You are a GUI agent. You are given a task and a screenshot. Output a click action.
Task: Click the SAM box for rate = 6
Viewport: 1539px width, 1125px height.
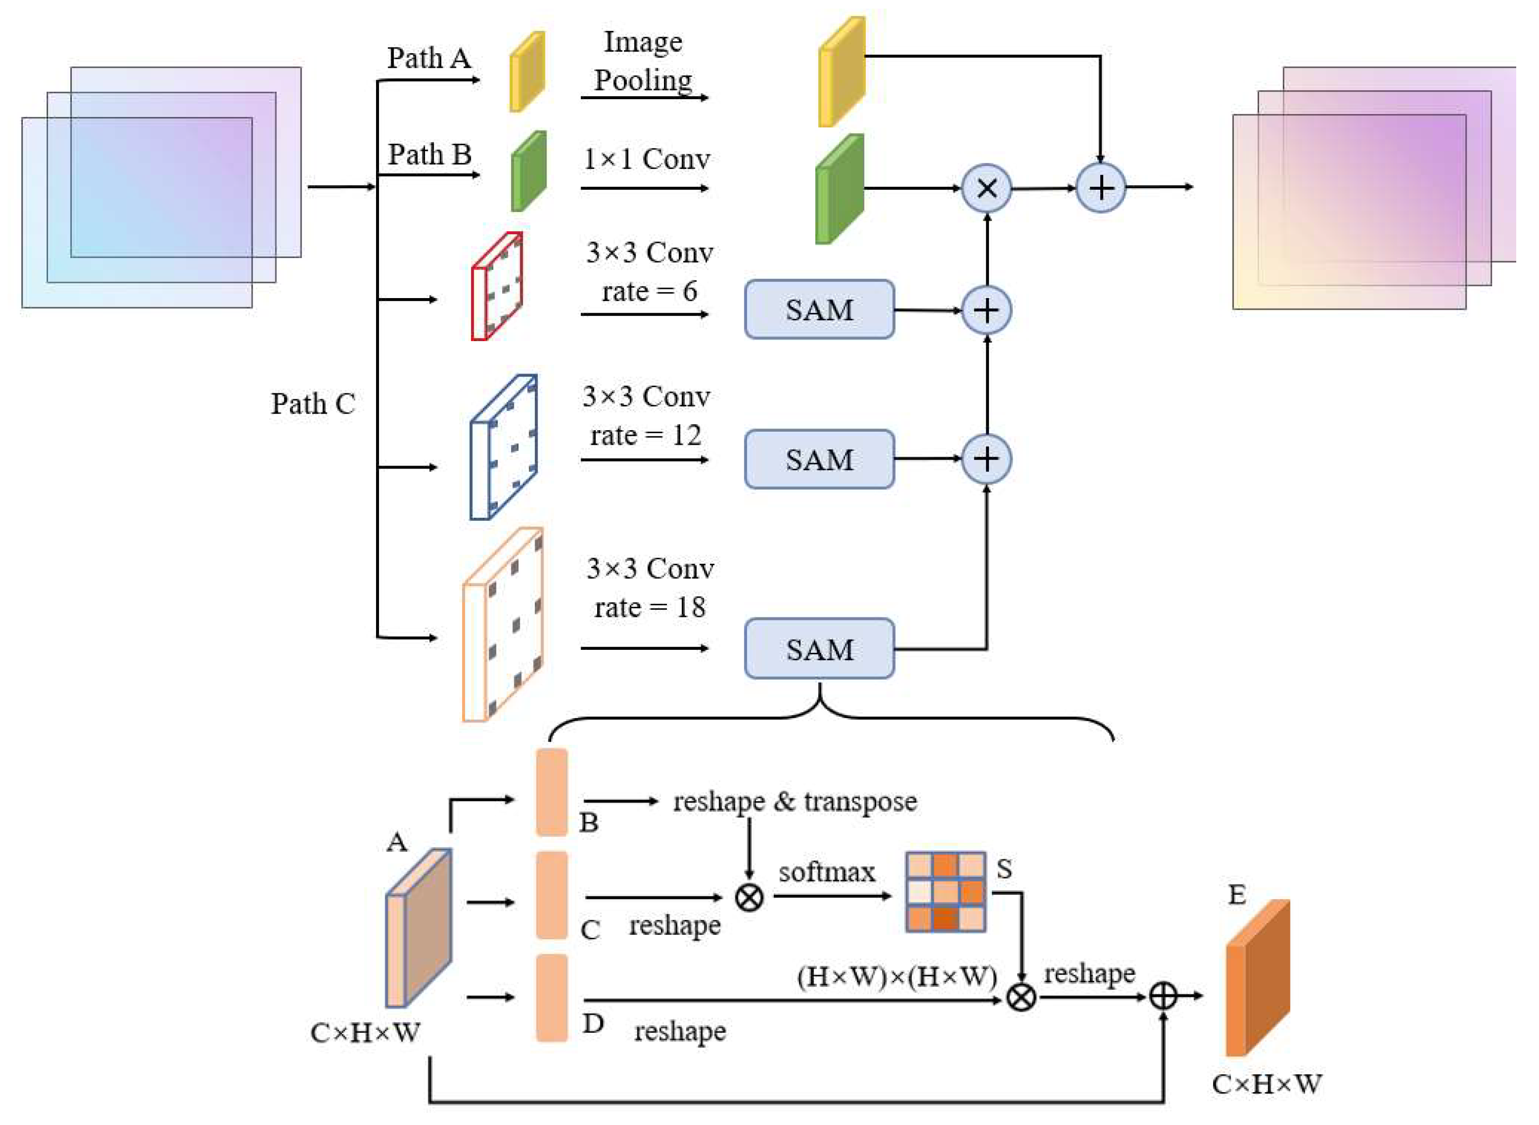click(819, 310)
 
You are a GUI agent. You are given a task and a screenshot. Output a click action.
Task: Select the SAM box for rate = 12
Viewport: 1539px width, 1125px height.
click(819, 459)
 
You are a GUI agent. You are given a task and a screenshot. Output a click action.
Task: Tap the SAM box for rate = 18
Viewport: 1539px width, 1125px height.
click(819, 648)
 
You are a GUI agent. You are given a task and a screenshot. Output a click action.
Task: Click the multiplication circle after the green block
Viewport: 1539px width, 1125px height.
click(987, 188)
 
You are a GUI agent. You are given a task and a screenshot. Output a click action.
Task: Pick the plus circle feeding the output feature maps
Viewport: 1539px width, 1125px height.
click(1100, 188)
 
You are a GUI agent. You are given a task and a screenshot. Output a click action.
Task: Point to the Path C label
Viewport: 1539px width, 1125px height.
click(313, 404)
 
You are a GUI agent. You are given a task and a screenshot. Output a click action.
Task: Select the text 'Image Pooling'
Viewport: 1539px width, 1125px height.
click(642, 61)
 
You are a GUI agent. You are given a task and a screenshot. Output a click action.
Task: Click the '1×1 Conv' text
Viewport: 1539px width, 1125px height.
click(646, 159)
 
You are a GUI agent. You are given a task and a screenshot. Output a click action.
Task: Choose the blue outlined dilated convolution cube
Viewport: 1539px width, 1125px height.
click(504, 447)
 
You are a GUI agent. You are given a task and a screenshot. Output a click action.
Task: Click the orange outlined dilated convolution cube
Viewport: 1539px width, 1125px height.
click(503, 624)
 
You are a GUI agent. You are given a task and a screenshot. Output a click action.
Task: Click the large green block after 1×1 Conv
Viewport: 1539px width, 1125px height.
click(840, 189)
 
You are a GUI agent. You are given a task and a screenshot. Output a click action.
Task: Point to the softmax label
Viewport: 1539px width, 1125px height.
click(827, 872)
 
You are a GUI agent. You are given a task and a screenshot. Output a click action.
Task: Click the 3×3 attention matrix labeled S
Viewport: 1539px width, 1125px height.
click(945, 891)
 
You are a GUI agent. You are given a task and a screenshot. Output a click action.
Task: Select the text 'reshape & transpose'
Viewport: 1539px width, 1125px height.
click(795, 802)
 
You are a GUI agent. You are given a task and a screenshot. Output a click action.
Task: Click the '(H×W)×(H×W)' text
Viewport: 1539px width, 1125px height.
click(896, 977)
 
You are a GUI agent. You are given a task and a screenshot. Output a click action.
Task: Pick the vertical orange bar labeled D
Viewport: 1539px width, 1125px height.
click(552, 997)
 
